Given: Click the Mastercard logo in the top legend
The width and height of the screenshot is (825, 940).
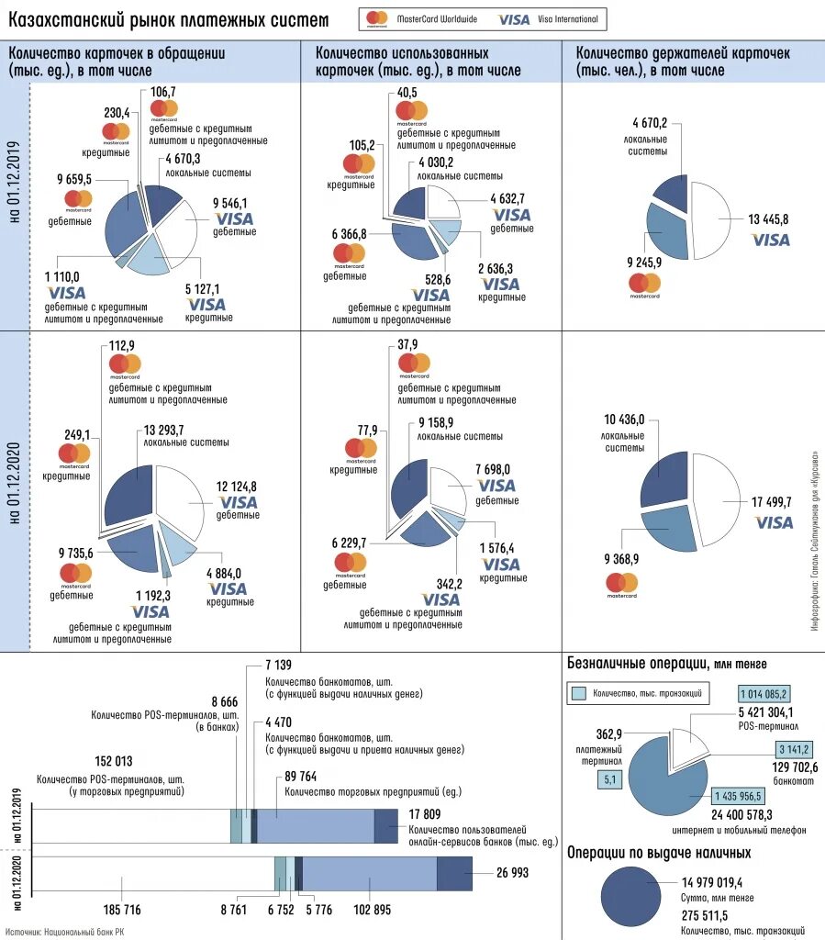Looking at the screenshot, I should [x=376, y=18].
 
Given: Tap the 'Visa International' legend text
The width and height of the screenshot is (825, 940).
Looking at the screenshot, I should [x=567, y=18].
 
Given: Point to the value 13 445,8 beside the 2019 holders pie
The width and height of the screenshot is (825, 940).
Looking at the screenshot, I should [x=768, y=218].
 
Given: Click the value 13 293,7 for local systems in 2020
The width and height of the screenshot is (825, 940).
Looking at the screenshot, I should [x=170, y=430].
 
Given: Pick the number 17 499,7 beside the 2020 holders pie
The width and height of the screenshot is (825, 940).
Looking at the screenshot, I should [x=771, y=503].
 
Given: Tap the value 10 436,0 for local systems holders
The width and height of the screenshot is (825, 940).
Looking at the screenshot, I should [x=623, y=420].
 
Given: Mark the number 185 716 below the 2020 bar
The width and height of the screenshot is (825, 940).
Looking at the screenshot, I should [x=120, y=910].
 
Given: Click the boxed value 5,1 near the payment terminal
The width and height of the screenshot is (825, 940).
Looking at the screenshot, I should [x=610, y=780].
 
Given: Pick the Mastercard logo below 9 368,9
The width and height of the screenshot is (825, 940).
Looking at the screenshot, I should [x=621, y=582].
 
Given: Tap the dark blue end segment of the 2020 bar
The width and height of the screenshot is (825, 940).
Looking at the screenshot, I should [x=454, y=873].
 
